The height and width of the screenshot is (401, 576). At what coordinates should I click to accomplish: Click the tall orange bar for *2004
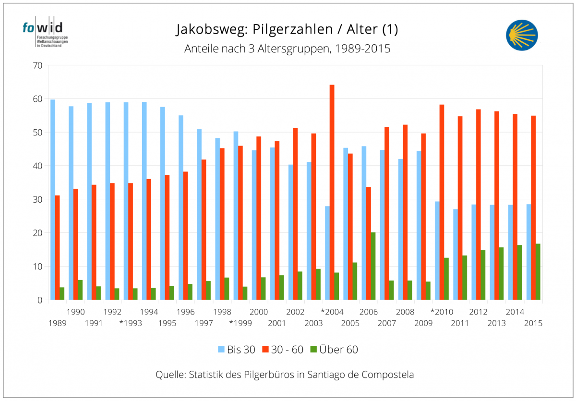[332, 192]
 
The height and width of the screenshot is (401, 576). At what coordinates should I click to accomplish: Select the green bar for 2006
[373, 266]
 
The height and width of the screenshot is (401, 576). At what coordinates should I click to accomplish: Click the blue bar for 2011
[456, 255]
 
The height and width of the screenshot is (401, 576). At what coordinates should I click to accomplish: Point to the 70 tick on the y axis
[37, 65]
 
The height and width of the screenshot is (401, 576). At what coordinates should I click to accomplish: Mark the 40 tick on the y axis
[37, 166]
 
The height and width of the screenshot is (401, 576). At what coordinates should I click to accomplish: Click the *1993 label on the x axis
[131, 323]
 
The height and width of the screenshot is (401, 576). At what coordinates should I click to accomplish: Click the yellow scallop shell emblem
[522, 35]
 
